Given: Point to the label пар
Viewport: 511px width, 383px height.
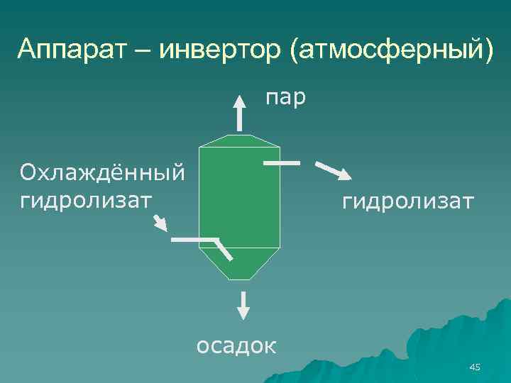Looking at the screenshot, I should coord(286,97).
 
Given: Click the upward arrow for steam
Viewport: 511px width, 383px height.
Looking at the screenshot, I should coord(240,112).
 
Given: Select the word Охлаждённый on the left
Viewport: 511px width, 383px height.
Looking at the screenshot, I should coord(103,172).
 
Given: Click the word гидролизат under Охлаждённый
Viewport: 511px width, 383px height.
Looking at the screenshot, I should coord(86,199).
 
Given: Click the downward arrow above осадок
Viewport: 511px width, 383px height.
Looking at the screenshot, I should coord(243,304).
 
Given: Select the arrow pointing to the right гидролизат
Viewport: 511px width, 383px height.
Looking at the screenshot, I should coord(332,172).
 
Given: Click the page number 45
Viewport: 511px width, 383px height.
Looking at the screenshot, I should coord(475,367).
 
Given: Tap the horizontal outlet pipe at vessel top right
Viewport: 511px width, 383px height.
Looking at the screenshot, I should coord(282,162).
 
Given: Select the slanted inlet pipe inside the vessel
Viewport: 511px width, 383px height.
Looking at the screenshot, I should coord(224,250).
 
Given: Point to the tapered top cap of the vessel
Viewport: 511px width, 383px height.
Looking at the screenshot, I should coord(240,141).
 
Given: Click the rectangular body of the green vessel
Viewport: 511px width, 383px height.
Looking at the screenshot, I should coord(240,195).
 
